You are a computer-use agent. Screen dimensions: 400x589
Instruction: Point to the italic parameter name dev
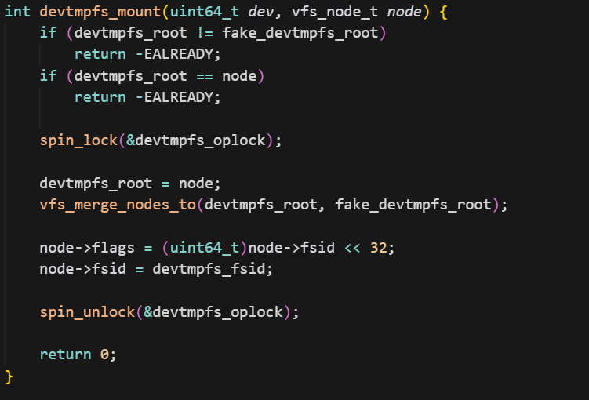(260, 13)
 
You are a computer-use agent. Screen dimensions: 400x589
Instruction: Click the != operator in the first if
(205, 33)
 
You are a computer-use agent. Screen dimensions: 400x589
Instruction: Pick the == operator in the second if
(205, 76)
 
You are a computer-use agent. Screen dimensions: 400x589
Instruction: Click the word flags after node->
(113, 248)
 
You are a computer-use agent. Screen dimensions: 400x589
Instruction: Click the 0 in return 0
(104, 355)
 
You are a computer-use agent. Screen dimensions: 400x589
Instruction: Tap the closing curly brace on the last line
(9, 376)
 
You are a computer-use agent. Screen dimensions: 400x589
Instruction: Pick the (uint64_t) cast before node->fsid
(204, 248)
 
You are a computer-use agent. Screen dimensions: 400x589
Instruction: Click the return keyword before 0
(65, 355)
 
